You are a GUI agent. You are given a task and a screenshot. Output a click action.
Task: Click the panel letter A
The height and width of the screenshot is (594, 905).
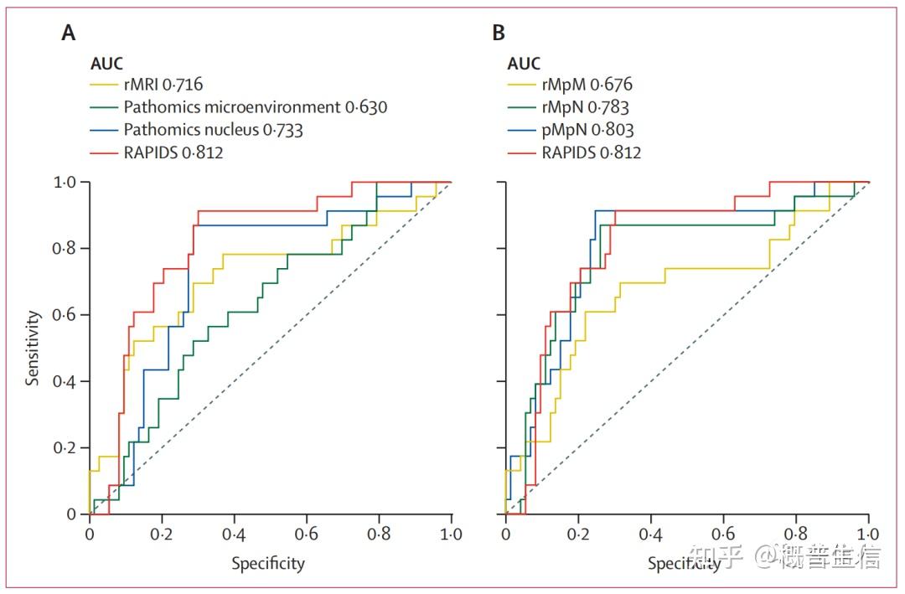[x=69, y=34]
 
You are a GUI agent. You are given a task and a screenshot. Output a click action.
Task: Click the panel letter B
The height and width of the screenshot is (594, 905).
[x=499, y=34]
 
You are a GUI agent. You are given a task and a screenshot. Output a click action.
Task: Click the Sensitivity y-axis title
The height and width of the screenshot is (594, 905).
[x=33, y=348]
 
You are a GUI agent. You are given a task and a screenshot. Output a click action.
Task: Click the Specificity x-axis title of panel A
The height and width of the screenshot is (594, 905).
[x=268, y=564]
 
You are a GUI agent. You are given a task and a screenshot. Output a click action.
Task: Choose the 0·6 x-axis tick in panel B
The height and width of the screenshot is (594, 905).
[x=723, y=535]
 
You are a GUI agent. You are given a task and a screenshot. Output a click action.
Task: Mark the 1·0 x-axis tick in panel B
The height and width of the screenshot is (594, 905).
[x=868, y=535]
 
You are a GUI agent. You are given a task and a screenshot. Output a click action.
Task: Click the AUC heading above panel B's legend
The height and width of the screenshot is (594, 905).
[x=524, y=64]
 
